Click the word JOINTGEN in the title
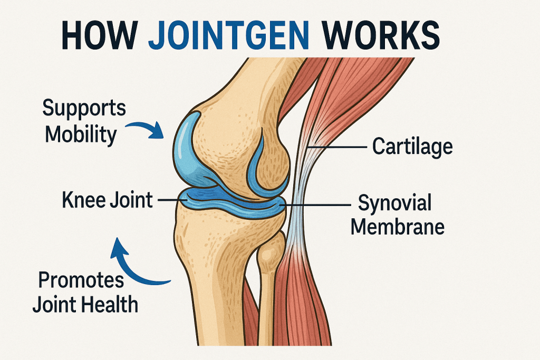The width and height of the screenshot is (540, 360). [x=228, y=35]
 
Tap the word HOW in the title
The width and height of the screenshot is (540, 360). [x=100, y=35]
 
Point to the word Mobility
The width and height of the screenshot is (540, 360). [x=81, y=134]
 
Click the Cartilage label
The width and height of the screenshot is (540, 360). [x=412, y=147]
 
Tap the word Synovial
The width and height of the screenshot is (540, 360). [x=394, y=202]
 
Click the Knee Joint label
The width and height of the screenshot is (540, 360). [x=108, y=200]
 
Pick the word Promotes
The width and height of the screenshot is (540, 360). [x=81, y=281]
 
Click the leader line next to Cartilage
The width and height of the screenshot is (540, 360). [x=337, y=147]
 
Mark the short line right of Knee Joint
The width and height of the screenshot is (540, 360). [x=172, y=200]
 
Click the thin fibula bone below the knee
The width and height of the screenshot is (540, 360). [x=268, y=289]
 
